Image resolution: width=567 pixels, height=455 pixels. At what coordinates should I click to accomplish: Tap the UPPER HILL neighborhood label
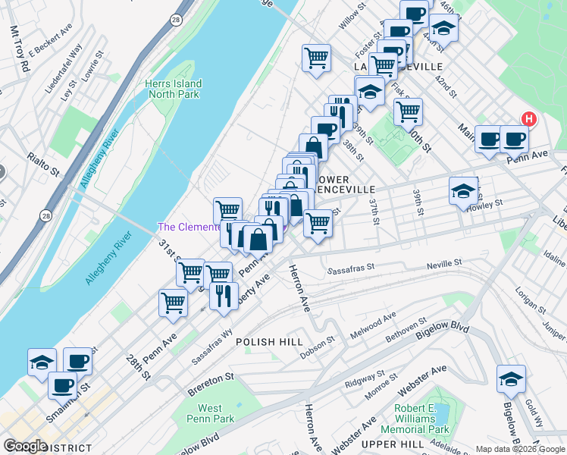point(386,443)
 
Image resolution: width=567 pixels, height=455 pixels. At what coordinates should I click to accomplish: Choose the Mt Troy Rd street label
point(20,49)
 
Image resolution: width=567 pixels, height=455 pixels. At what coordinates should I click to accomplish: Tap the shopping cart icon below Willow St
point(316,58)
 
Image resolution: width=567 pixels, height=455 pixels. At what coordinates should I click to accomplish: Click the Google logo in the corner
point(25,446)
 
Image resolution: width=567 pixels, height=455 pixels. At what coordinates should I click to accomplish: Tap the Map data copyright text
point(519,449)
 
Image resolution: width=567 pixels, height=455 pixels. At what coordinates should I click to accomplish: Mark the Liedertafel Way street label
point(64,70)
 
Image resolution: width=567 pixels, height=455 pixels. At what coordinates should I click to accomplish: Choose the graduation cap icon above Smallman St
point(42,362)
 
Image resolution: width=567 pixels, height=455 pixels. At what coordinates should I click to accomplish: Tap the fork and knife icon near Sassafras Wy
point(224,296)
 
